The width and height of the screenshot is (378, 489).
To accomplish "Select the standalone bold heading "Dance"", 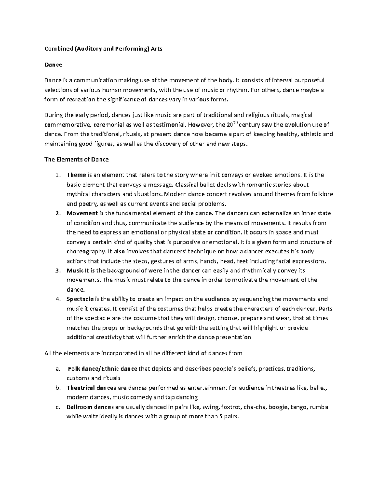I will pos(53,65).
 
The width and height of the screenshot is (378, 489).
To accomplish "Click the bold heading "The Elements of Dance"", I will pos(77,159).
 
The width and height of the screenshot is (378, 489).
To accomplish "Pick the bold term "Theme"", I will pos(76,175).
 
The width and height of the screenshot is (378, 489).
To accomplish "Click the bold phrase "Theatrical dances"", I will pos(91,388).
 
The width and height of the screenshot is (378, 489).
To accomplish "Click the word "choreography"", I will pos(85,252).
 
